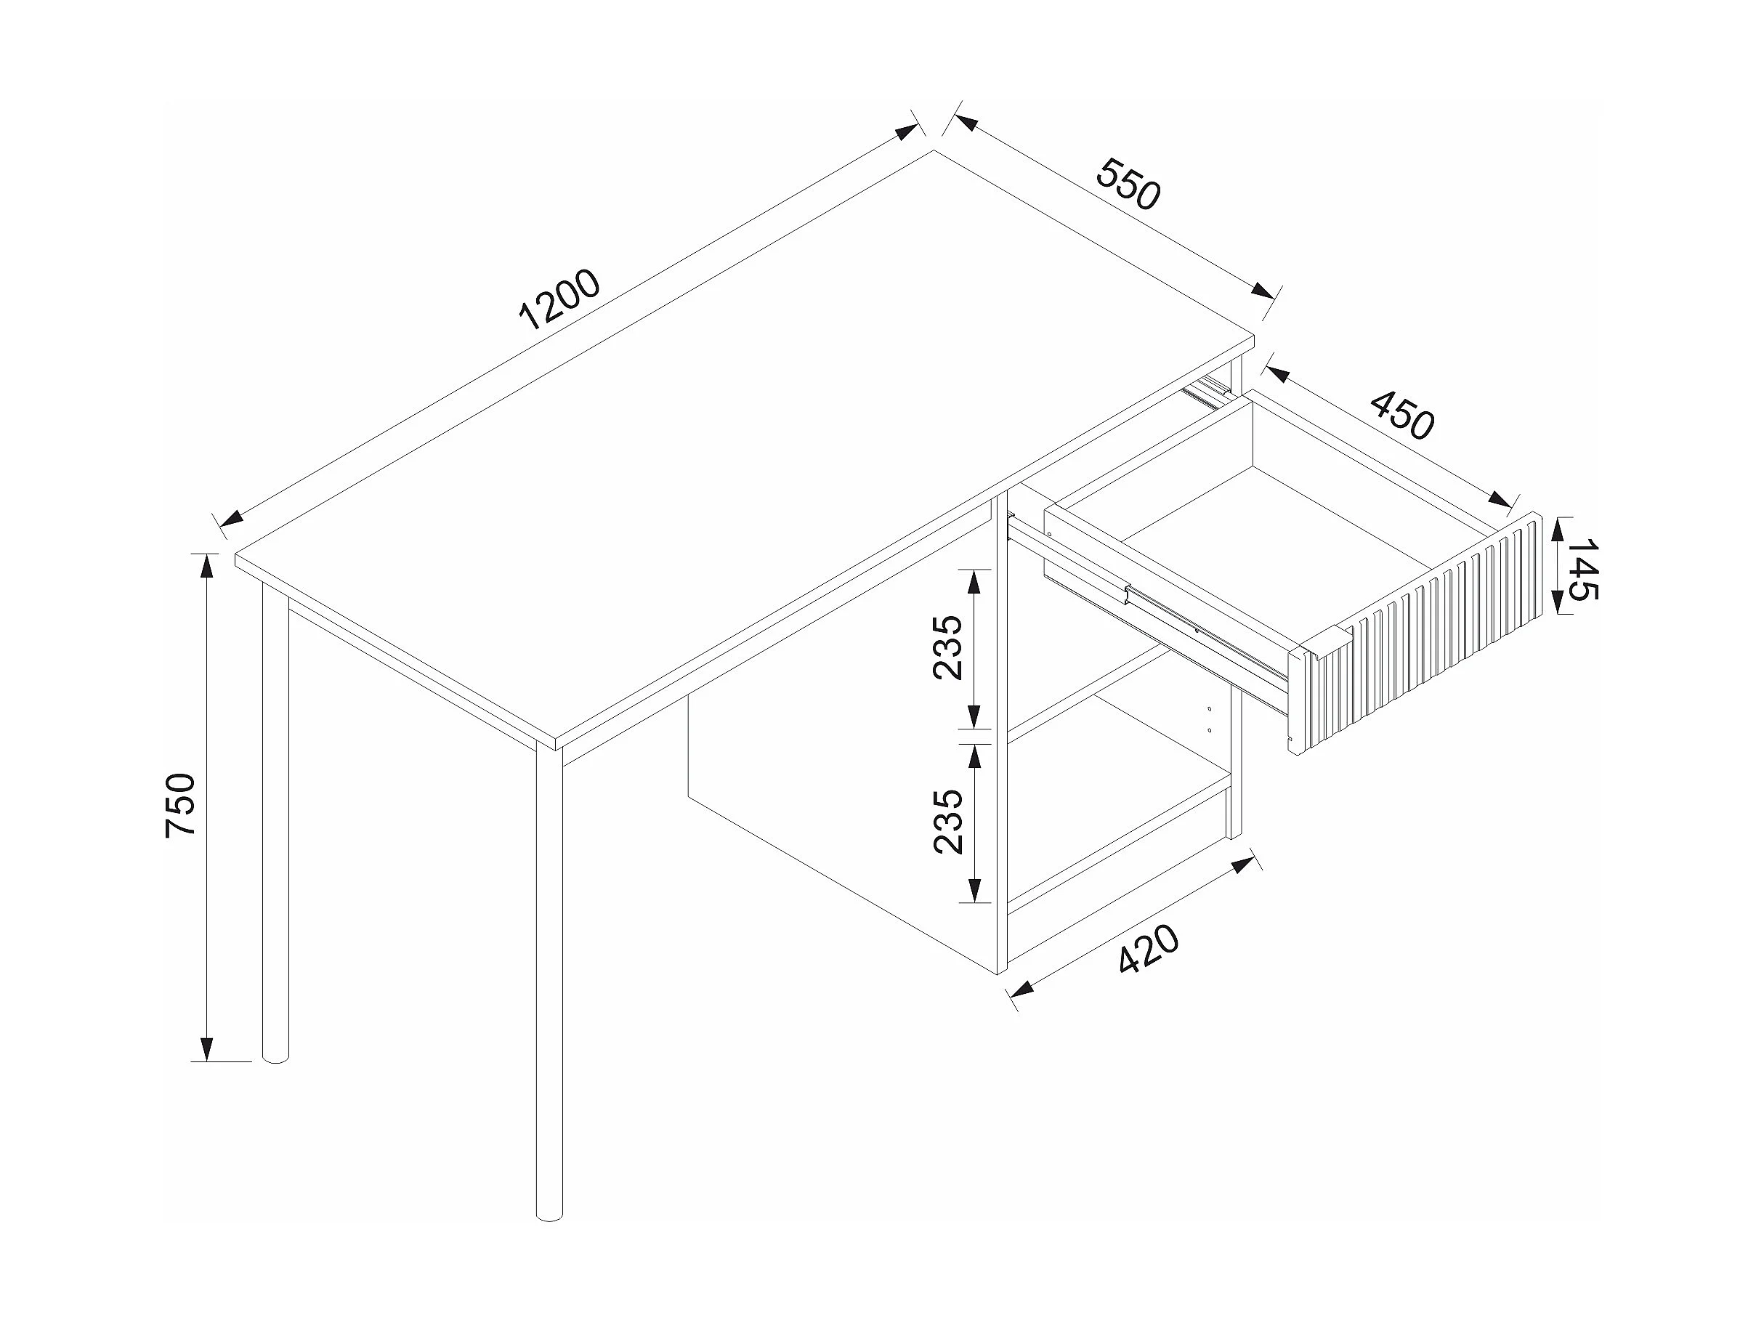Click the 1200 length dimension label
point(559,300)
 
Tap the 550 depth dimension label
point(1128,185)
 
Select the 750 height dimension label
point(180,805)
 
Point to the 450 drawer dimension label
point(1402,414)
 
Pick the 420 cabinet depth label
point(1149,949)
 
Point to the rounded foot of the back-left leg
point(275,1054)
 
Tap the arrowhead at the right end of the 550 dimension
point(1263,291)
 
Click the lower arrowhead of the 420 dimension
point(1021,990)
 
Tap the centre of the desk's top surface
point(745,450)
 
